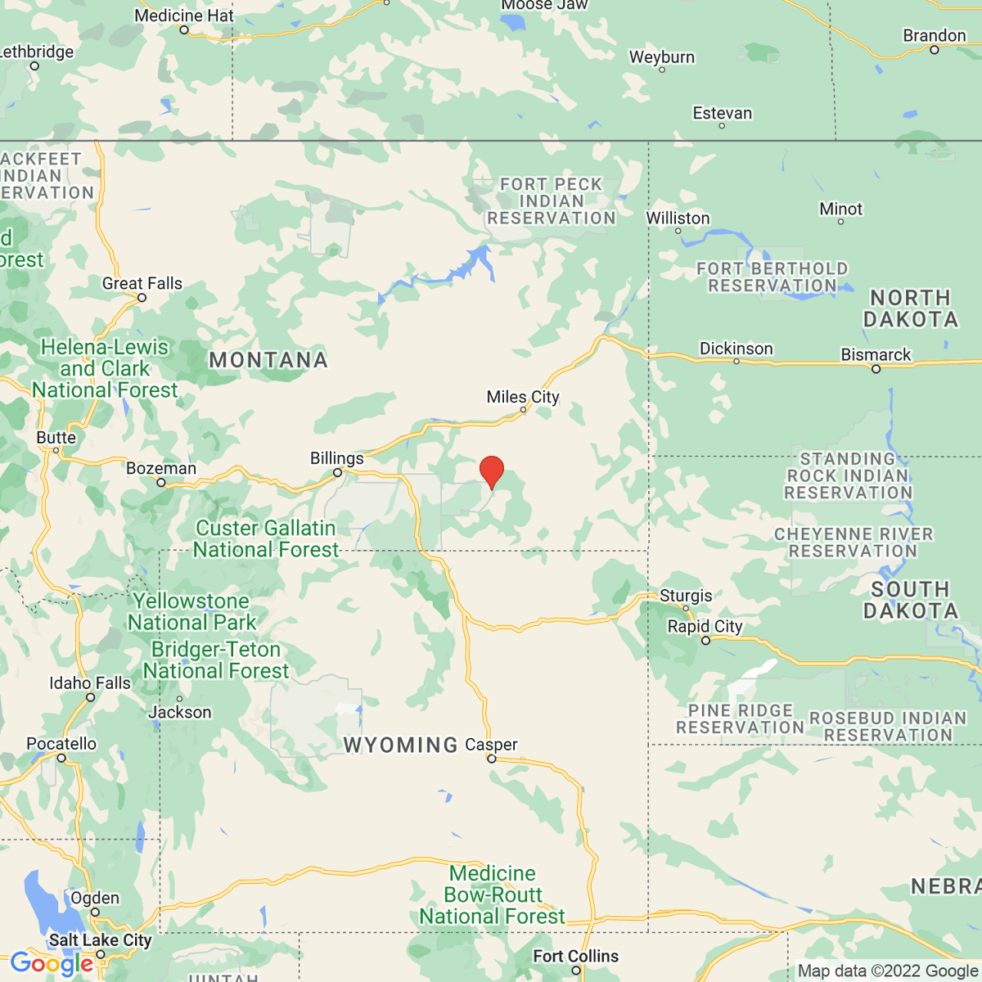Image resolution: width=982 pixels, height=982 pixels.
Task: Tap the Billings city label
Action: pos(336,458)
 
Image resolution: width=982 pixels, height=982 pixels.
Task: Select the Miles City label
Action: pos(523,397)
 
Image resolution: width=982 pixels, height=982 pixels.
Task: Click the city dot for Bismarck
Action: pos(876,369)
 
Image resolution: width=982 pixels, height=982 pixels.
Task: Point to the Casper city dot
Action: pos(492,759)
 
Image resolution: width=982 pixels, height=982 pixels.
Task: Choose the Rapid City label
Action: pos(705,626)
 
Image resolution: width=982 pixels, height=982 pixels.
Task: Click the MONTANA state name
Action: pos(268,360)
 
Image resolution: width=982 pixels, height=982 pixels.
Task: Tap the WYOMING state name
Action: pos(400,745)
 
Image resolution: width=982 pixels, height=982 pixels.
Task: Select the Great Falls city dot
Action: pos(142,298)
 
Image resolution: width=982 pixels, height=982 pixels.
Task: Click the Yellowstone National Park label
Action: pos(191,612)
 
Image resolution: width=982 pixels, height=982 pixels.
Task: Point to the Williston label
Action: pos(678,218)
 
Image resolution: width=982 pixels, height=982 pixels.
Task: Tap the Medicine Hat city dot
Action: pos(184,30)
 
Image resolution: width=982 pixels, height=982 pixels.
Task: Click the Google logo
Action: pos(51,964)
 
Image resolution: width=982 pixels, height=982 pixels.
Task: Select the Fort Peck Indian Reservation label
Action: pos(552,201)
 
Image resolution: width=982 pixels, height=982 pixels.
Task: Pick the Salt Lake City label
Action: pos(101,940)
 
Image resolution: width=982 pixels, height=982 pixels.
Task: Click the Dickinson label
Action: pos(736,349)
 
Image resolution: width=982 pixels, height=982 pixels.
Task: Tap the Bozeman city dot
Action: pos(161,483)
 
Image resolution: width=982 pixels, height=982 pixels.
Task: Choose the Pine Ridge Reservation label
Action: pos(740,719)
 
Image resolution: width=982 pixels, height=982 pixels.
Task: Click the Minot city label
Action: pos(840,209)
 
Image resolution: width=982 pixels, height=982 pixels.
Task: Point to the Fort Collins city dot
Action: pos(576,971)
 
